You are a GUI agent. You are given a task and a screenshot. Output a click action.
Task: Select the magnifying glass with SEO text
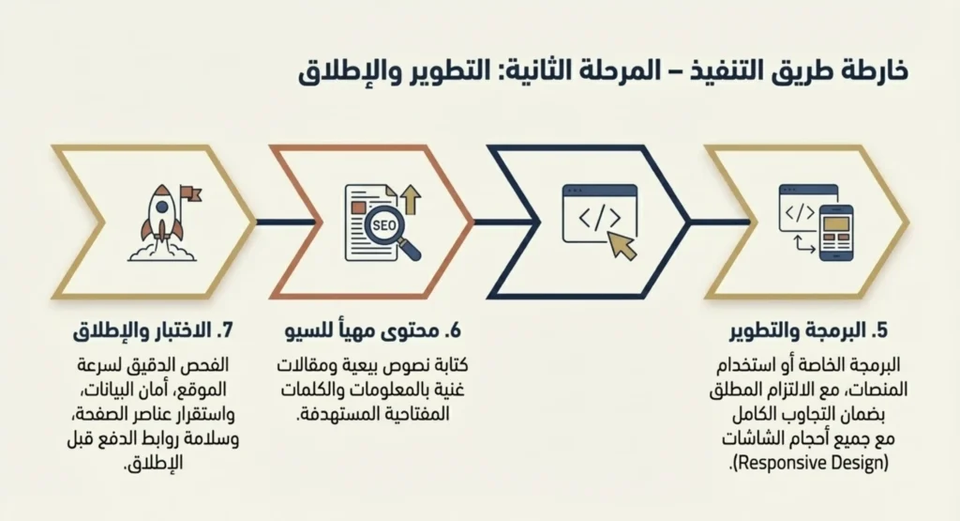click(387, 231)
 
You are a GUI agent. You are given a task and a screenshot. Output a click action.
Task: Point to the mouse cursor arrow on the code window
click(621, 243)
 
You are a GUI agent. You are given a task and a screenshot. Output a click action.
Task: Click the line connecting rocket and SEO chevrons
click(262, 222)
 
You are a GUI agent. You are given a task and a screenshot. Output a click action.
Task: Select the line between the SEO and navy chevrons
click(480, 222)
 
